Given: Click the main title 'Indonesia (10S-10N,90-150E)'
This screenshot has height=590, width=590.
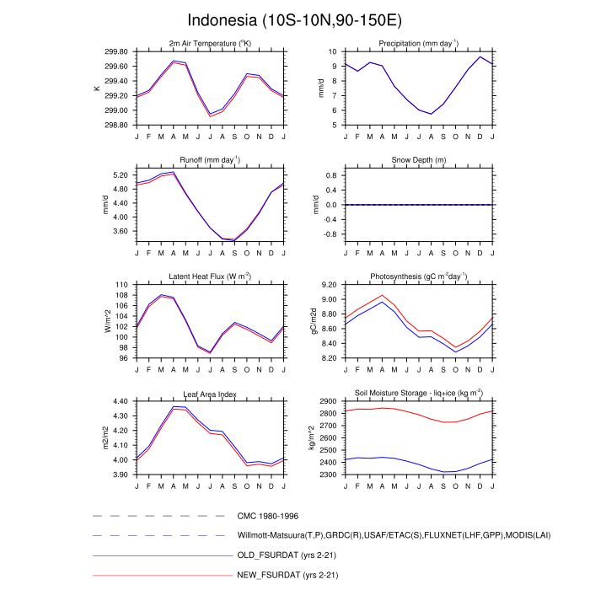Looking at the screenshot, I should pyautogui.click(x=294, y=19).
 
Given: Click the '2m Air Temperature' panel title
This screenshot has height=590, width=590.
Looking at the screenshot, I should pyautogui.click(x=210, y=43).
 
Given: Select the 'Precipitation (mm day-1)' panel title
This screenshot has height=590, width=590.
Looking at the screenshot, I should pyautogui.click(x=419, y=43).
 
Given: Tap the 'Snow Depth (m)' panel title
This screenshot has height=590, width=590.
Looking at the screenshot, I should pyautogui.click(x=419, y=160).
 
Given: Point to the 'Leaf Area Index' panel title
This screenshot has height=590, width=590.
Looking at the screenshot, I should pyautogui.click(x=210, y=394).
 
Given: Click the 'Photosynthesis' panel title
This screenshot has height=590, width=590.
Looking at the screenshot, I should pyautogui.click(x=419, y=276).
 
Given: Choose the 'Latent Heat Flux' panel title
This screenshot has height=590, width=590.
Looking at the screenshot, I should pyautogui.click(x=210, y=276).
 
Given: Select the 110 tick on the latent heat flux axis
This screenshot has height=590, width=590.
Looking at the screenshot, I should pyautogui.click(x=122, y=285).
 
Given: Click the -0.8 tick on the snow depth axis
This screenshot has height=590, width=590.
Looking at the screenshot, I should pyautogui.click(x=330, y=233).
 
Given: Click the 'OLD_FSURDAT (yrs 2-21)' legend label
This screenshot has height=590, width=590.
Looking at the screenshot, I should pyautogui.click(x=292, y=555).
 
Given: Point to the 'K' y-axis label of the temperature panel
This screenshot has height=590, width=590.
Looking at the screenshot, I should pyautogui.click(x=97, y=88).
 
